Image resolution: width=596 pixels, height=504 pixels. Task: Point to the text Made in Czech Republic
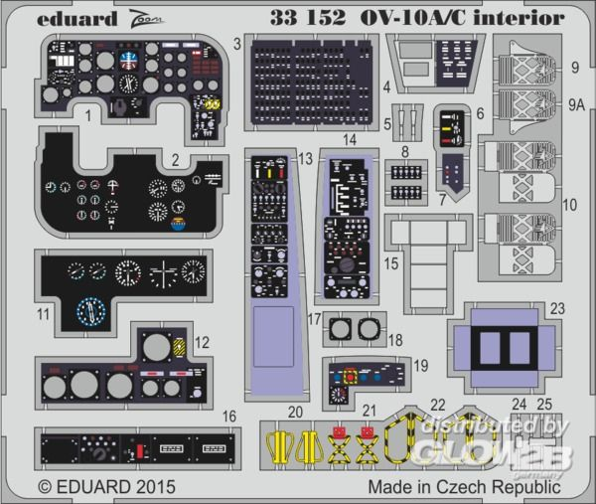[x=464, y=487]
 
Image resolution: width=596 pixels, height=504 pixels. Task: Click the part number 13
[x=306, y=159]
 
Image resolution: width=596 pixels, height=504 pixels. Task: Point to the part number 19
[x=421, y=366]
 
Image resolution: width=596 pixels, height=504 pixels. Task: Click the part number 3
[x=236, y=43]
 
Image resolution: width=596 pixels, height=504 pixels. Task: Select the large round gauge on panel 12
[x=156, y=347]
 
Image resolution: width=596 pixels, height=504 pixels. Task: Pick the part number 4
[x=386, y=86]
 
